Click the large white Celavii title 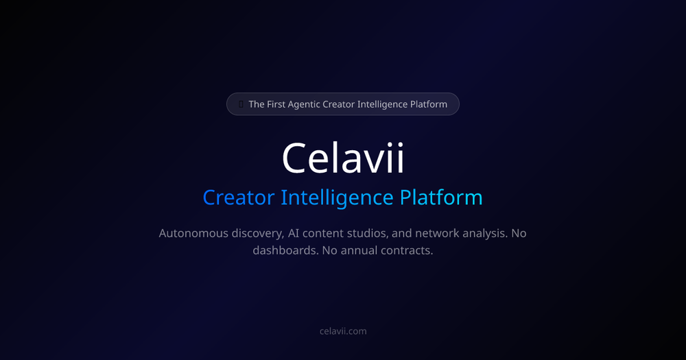click(343, 158)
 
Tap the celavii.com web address click(343, 331)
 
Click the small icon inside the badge click(241, 104)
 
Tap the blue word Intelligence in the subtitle click(337, 197)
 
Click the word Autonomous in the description click(192, 233)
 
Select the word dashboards click(283, 250)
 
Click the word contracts click(410, 250)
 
